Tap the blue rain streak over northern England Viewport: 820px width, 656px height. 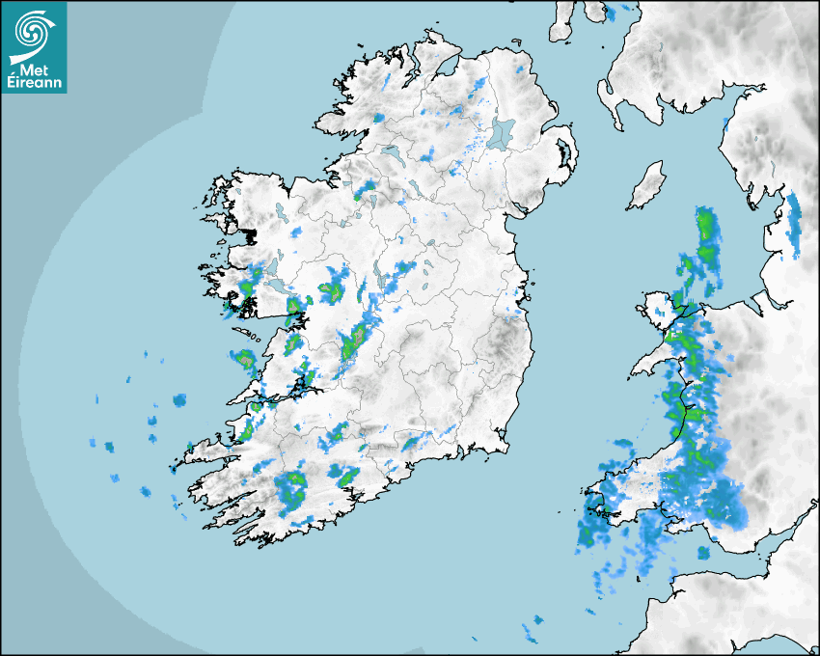(x=794, y=222)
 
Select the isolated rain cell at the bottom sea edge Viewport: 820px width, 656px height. (x=532, y=631)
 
